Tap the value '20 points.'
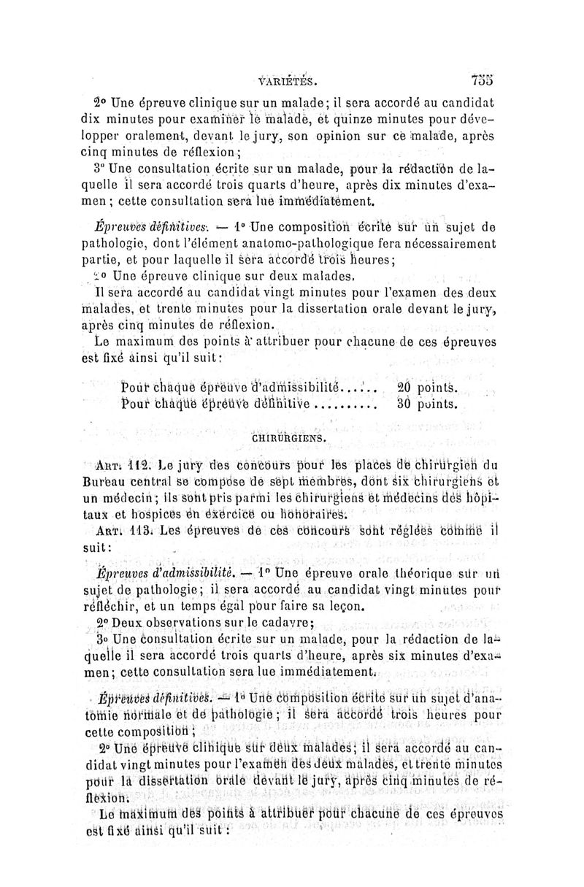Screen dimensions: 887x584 [x=427, y=387]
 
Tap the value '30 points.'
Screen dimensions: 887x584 [x=427, y=404]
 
